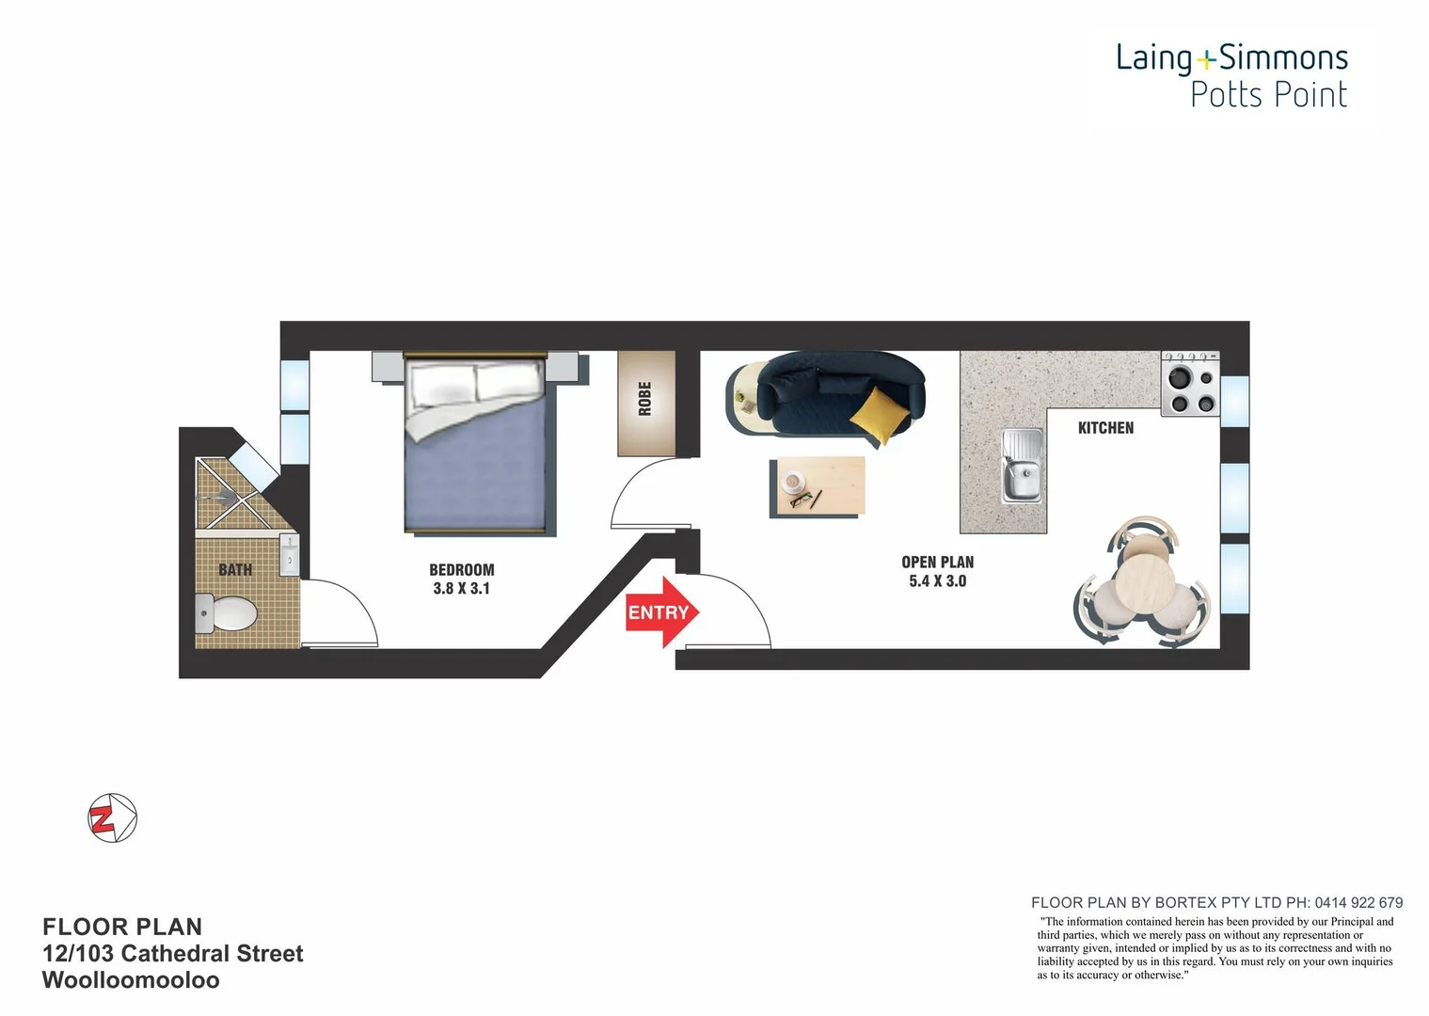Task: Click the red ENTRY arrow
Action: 662,612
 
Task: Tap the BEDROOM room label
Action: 461,569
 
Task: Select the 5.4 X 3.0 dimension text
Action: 937,581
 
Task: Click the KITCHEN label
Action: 1105,428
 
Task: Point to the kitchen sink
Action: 1022,467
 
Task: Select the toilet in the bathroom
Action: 226,613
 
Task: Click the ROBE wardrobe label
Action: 645,399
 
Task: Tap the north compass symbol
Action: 113,818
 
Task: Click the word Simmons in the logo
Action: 1283,58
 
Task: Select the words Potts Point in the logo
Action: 1268,95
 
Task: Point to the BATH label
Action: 235,569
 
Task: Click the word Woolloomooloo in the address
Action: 131,980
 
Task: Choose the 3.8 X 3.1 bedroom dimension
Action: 461,589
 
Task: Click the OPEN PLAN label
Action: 937,562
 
